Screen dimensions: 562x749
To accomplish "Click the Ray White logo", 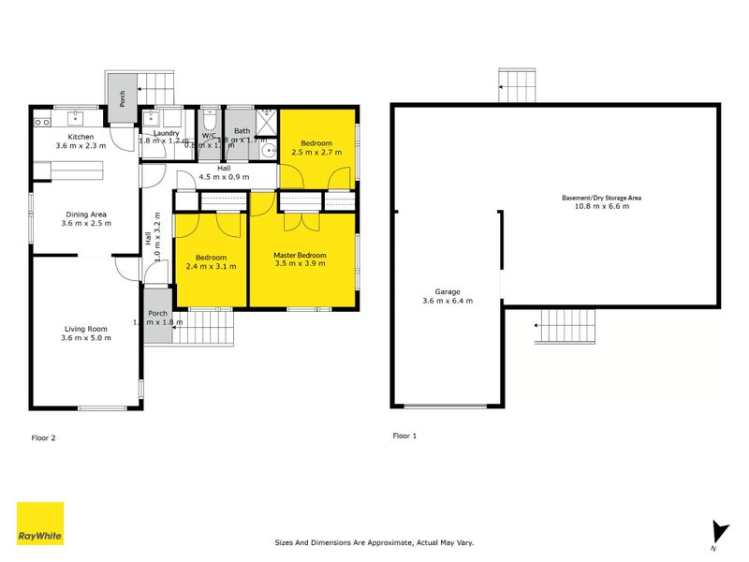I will coord(40,524).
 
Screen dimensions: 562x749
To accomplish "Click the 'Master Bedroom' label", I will coord(300,256).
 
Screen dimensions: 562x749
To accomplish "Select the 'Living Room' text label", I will coord(86,328).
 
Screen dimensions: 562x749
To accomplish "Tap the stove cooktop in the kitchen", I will coord(41,120).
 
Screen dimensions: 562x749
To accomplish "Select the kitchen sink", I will coord(74,119).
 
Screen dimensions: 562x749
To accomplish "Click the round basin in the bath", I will coord(269,148).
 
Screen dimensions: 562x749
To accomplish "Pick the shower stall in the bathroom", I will coord(268,119).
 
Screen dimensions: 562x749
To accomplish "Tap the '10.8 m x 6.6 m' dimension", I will coord(601,207).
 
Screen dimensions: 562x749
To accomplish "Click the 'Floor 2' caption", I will coord(44,436).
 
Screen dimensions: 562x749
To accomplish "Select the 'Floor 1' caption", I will coord(405,436).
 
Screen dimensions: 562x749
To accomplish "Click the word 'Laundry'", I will coord(166,133).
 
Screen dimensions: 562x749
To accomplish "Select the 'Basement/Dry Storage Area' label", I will coord(601,198).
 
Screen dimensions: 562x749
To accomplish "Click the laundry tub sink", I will coord(153,119).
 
